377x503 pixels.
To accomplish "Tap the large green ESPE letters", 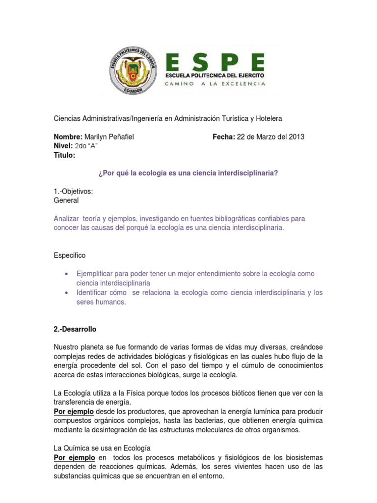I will coord(215,62).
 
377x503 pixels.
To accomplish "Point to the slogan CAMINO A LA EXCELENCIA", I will coord(215,84).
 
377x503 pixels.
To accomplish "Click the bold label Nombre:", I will coord(68,137).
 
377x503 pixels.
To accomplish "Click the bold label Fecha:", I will coord(224,137).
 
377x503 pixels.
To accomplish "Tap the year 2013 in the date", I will coord(296,137).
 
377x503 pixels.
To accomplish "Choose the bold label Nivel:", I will coord(63,146).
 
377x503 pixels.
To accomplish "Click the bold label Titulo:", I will coord(64,156).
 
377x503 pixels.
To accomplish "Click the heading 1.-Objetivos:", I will coord(73,192).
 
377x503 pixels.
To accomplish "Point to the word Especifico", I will coord(69,255).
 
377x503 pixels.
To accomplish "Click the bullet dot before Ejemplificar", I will coord(66,274).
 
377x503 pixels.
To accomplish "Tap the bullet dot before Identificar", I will coord(66,293).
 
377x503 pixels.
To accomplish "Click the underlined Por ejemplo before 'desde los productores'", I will coord(74,411).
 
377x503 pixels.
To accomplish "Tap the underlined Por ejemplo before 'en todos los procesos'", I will coord(74,457).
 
